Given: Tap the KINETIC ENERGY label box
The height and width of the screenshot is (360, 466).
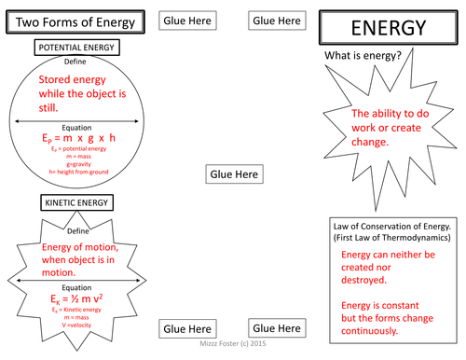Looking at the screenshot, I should click(x=76, y=202).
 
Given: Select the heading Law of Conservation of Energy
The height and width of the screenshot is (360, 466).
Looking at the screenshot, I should click(x=392, y=226).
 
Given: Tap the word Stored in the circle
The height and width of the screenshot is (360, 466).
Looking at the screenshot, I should click(x=57, y=81).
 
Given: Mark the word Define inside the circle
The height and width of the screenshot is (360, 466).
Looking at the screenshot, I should click(x=76, y=62).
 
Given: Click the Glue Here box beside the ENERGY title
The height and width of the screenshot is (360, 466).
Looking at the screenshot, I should click(x=277, y=21).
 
